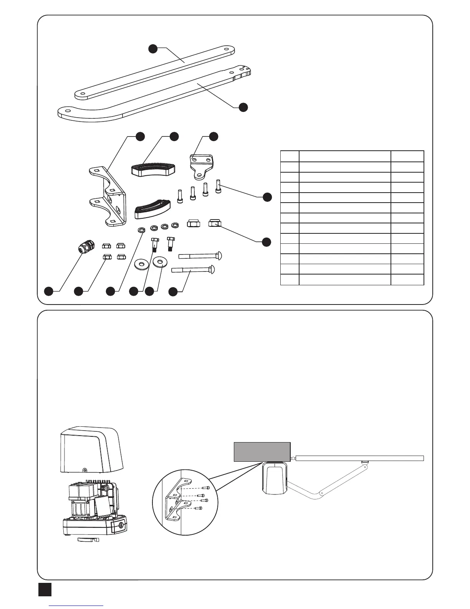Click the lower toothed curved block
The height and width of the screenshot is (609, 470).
[x=152, y=210]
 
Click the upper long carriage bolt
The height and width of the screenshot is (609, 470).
[x=200, y=255]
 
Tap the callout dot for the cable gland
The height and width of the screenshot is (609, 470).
[x=48, y=291]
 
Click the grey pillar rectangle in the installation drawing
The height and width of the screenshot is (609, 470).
[x=262, y=451]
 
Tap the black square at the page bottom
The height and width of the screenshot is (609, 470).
[x=45, y=589]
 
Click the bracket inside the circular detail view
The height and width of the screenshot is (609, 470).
[x=176, y=500]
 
